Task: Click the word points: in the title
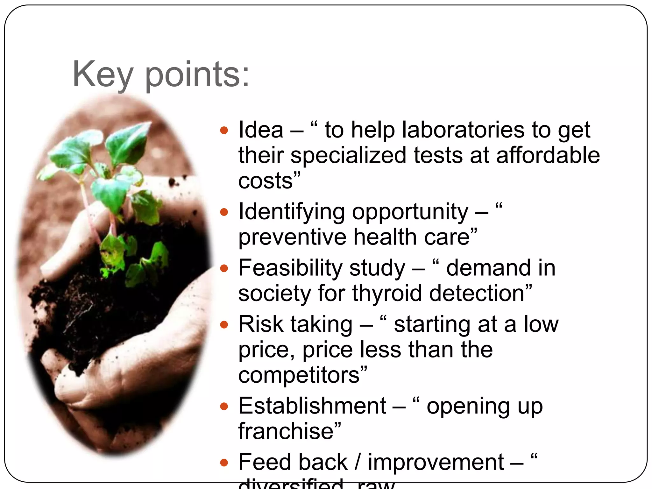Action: (x=197, y=75)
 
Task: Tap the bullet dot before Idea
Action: (x=224, y=130)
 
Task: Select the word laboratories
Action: (x=463, y=130)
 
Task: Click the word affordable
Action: (x=548, y=155)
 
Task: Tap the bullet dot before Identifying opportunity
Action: (x=224, y=212)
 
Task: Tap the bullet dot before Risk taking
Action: (x=224, y=324)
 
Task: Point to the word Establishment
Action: (x=312, y=406)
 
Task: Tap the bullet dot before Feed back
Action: (x=224, y=462)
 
